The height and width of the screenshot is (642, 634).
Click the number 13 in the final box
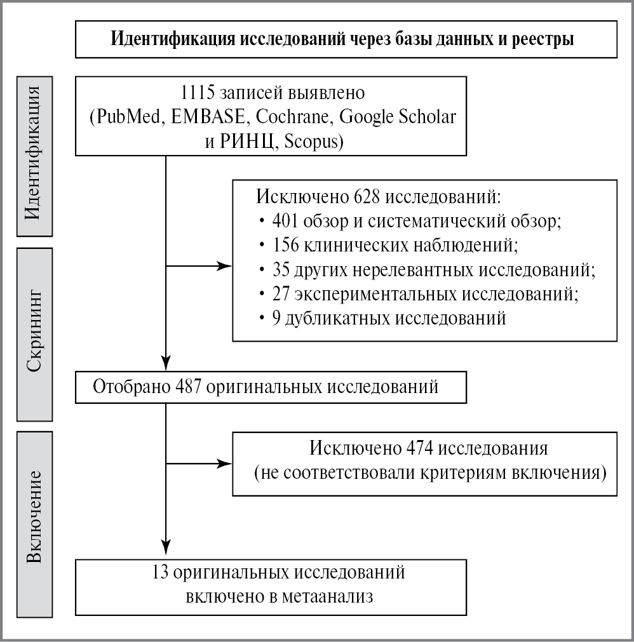[161, 573]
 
